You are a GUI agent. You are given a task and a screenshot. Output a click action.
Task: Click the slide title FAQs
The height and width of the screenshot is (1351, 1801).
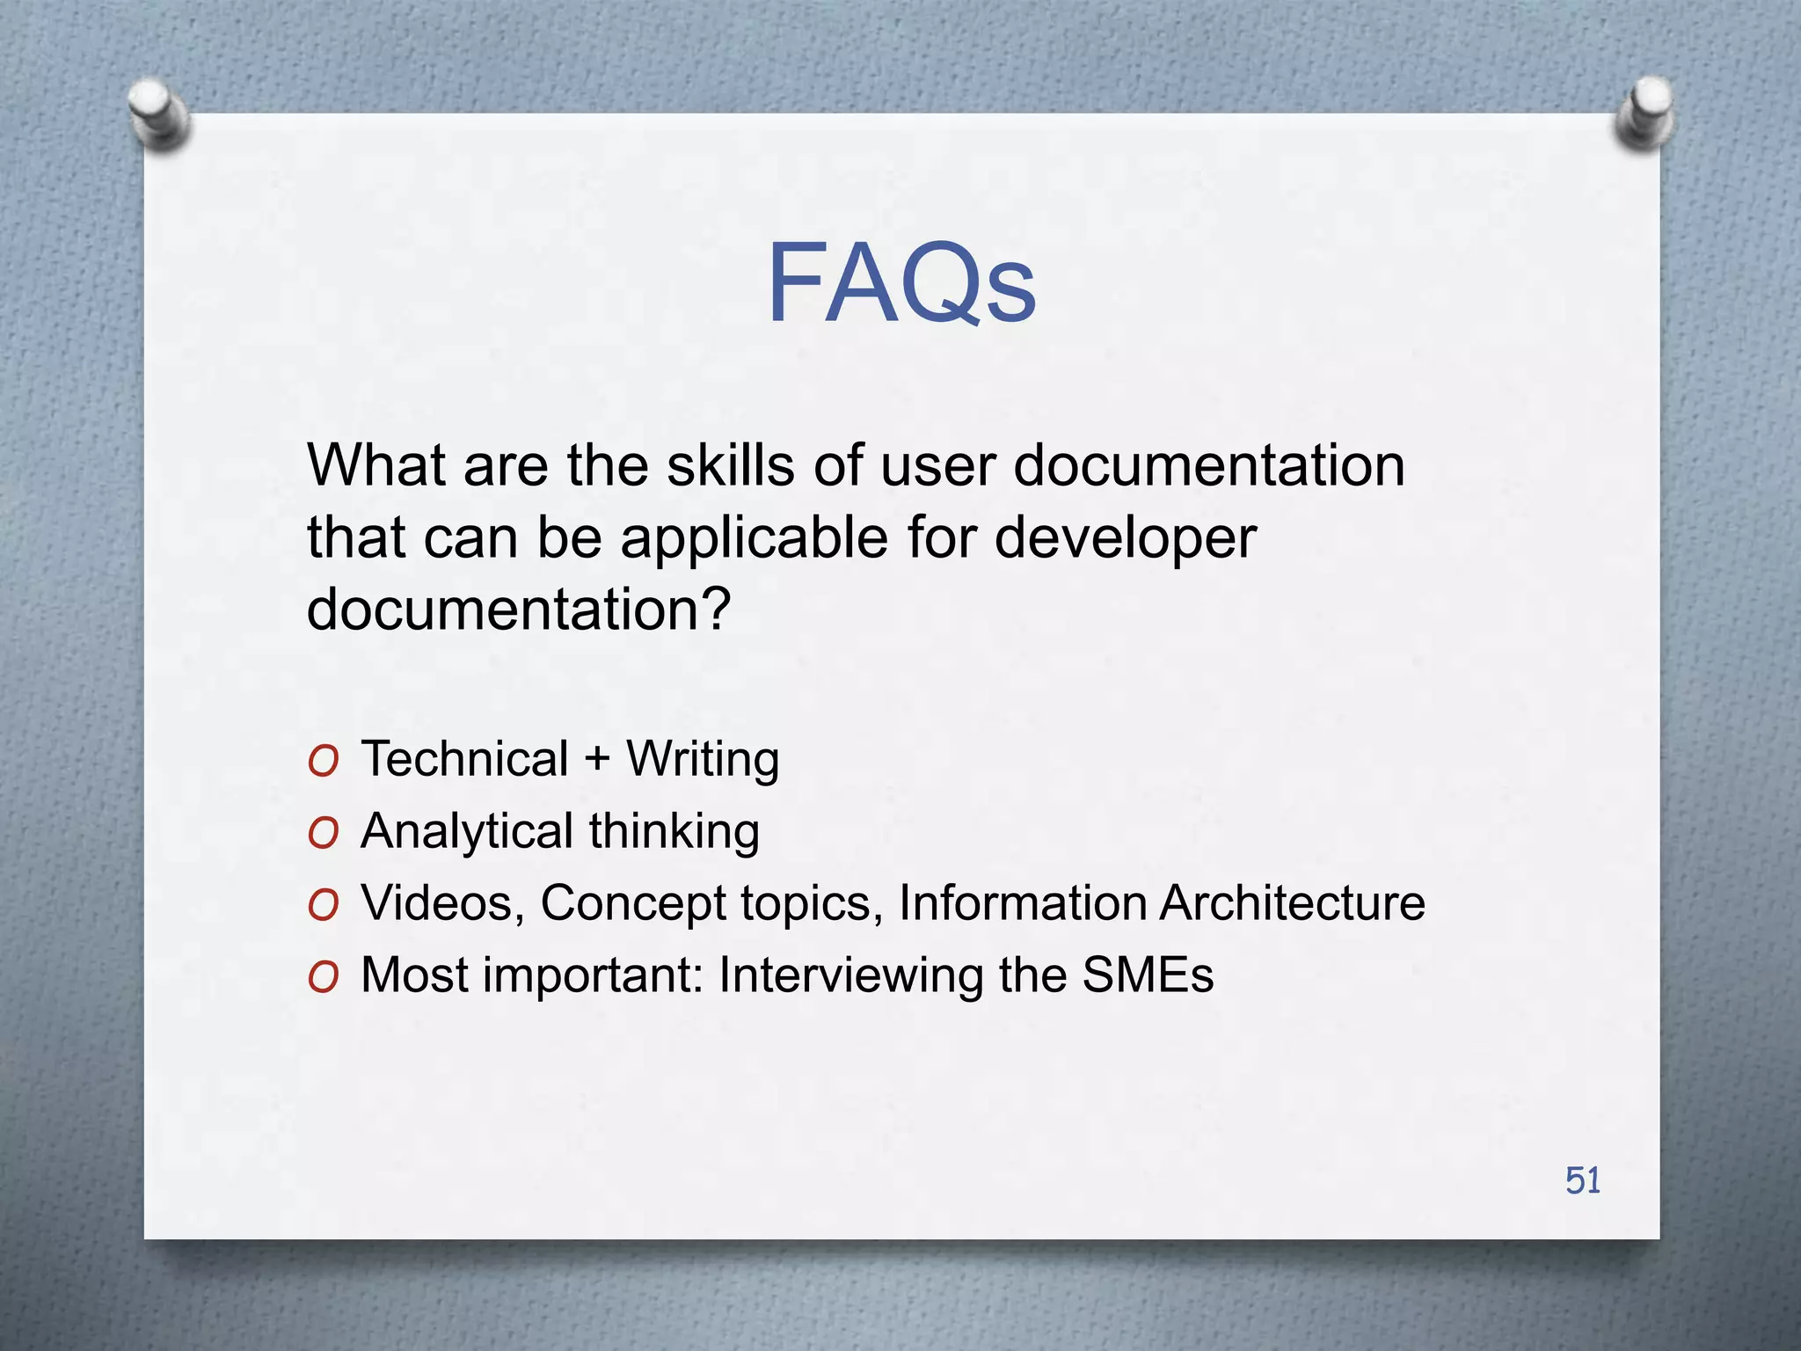[901, 284]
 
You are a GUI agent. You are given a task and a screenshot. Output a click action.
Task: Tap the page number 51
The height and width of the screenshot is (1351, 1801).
[1583, 1180]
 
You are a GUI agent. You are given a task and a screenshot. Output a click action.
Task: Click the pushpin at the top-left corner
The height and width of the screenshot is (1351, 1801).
[158, 113]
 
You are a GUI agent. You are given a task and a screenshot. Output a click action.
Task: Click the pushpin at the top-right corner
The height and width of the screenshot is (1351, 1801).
[1644, 113]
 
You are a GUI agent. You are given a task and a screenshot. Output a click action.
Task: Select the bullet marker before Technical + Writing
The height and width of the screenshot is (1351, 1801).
[324, 762]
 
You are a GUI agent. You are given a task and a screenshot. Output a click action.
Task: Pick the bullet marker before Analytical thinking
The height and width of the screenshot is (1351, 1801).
[324, 834]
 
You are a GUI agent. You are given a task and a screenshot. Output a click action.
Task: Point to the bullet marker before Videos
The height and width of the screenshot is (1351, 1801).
[324, 906]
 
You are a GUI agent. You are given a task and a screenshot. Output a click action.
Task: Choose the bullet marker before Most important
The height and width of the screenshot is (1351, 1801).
[324, 978]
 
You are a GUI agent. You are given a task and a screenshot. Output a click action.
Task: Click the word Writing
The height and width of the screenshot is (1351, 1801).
[703, 759]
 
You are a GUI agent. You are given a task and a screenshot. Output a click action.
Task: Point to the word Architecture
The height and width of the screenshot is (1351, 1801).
[1292, 903]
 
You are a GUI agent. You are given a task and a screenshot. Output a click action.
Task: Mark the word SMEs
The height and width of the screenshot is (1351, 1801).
[1148, 975]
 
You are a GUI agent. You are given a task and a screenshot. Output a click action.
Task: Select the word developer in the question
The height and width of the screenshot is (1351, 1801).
[1125, 537]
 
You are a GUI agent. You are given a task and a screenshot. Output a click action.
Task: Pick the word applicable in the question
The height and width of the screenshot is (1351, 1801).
[755, 537]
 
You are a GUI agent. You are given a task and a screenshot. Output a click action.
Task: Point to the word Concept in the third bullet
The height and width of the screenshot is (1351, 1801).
[632, 904]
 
